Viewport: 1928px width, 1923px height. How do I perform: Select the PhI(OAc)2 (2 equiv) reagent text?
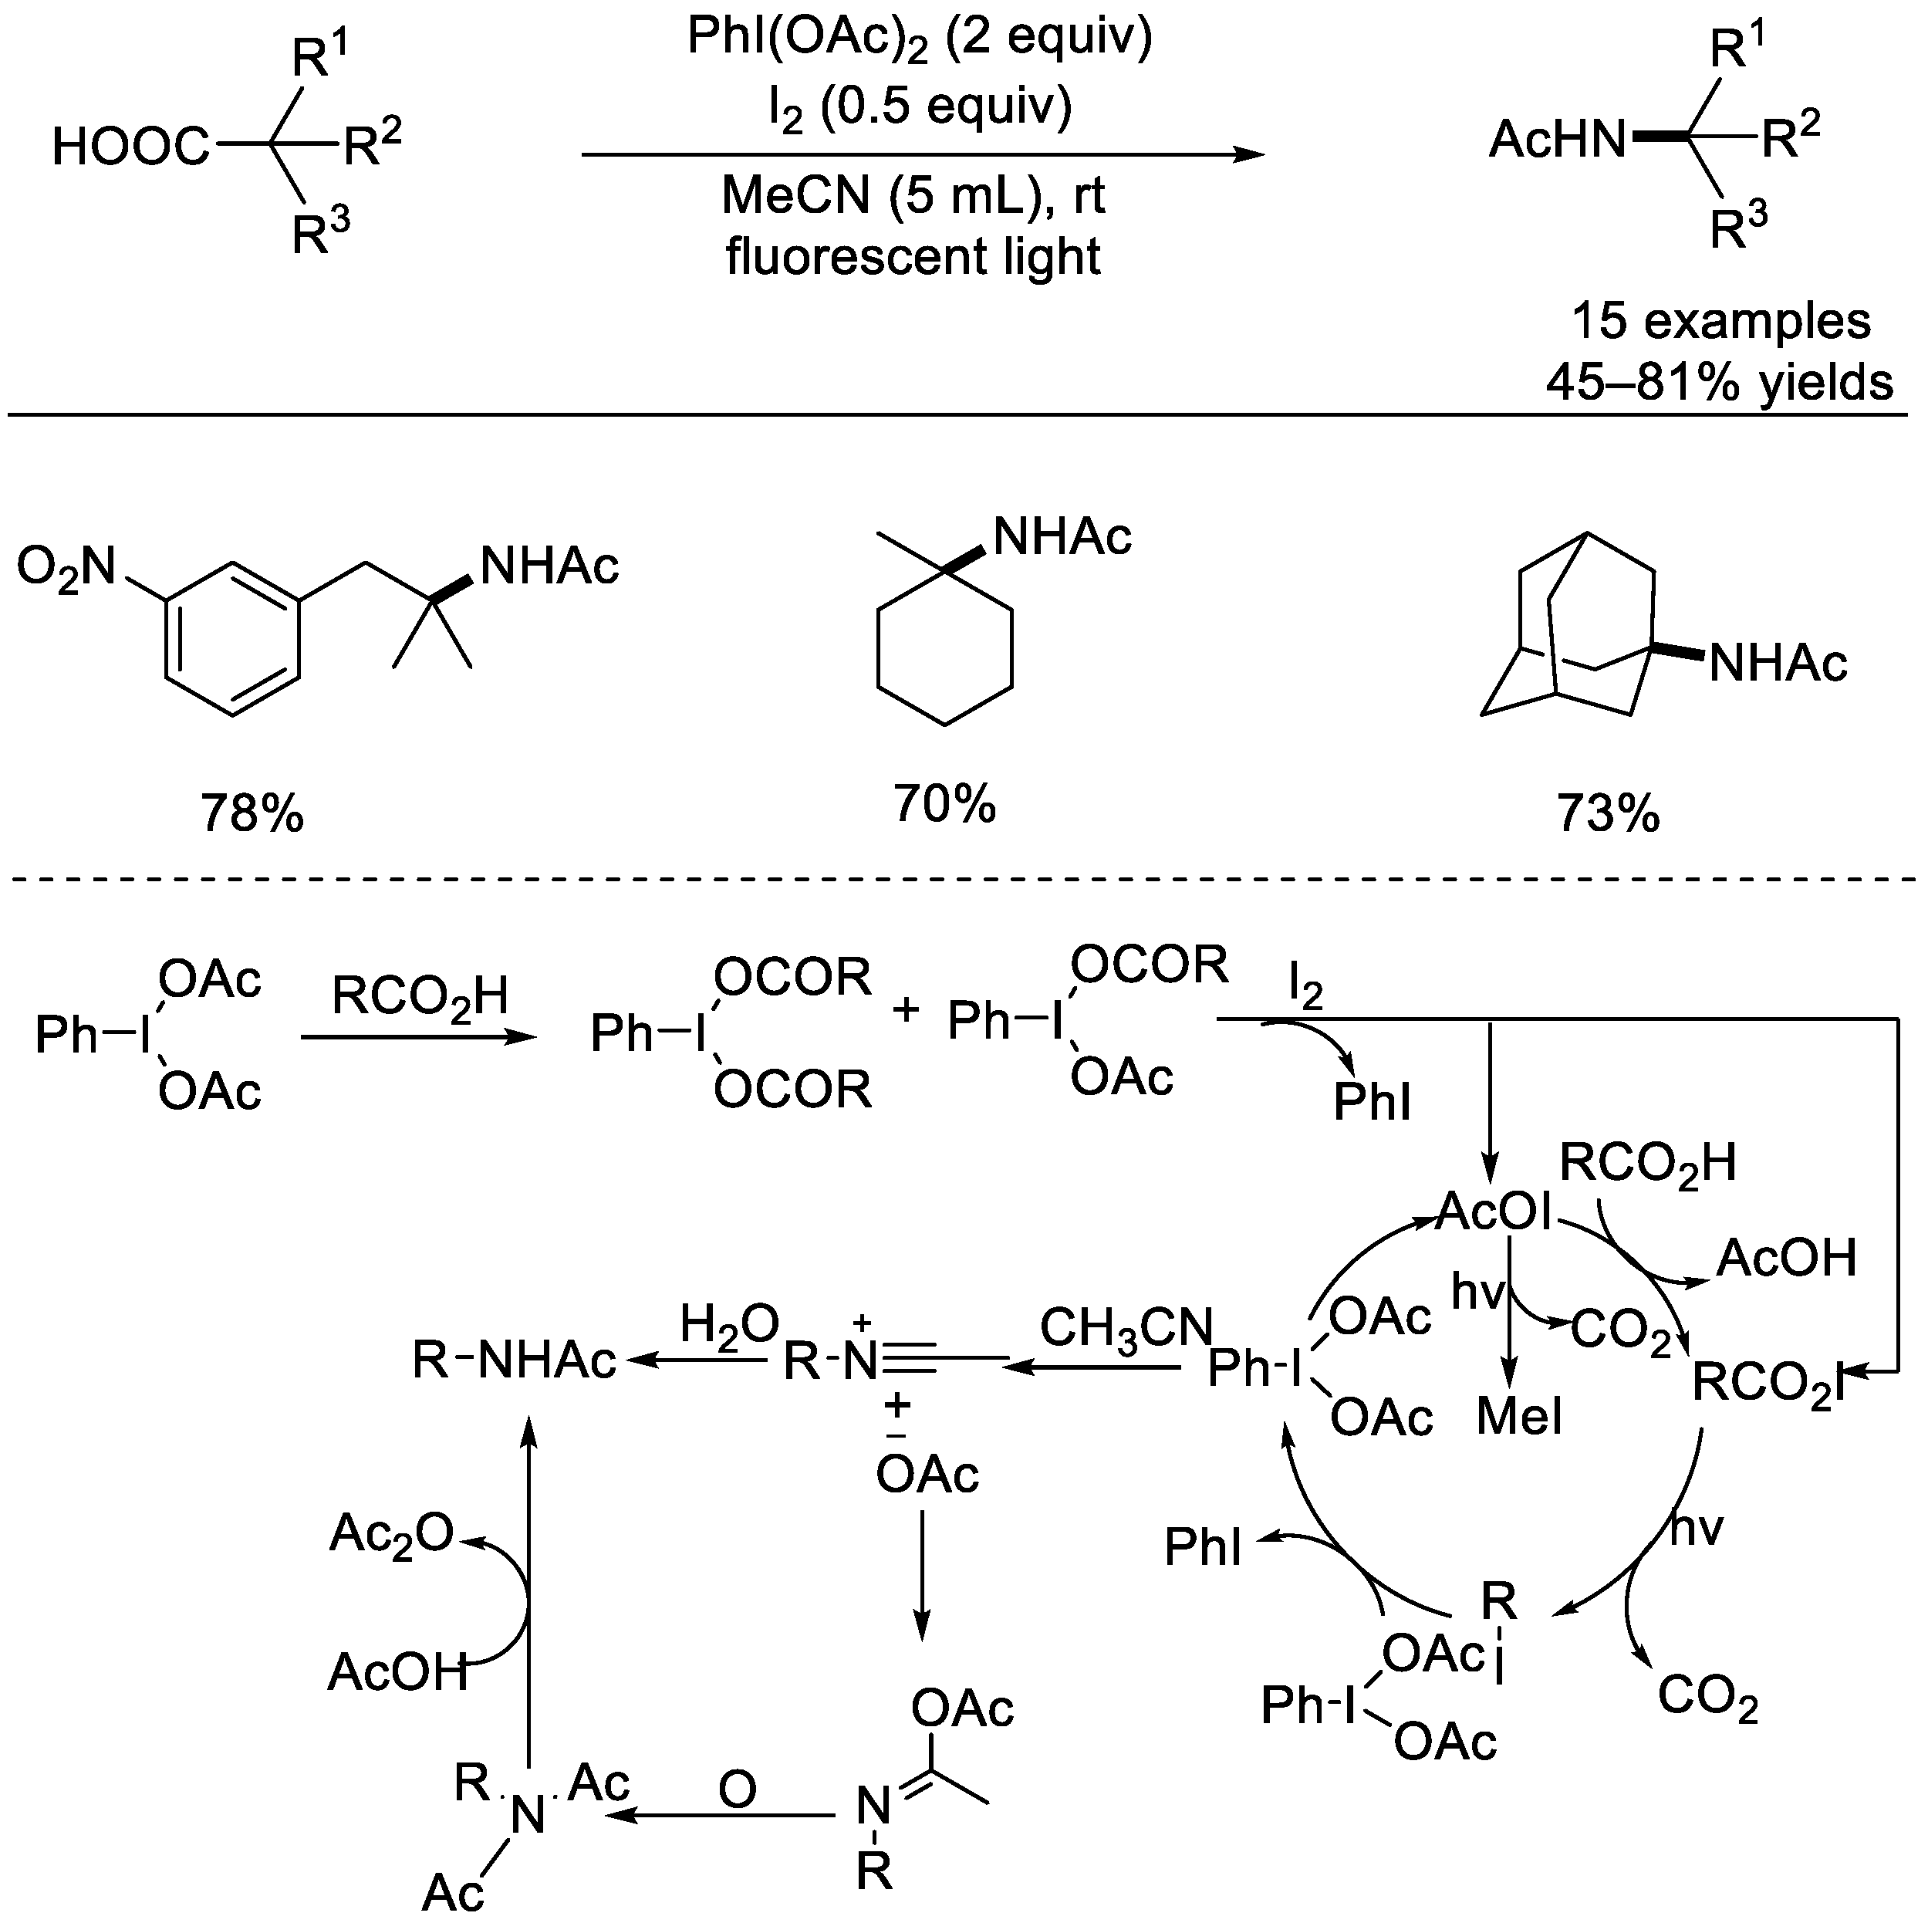coord(919,38)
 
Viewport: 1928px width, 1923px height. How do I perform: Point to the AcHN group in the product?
coord(1558,140)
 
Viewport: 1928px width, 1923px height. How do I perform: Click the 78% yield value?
coord(252,813)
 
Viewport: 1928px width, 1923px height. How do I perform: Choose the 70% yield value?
coord(944,803)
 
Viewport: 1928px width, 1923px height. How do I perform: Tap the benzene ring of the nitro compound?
coord(232,639)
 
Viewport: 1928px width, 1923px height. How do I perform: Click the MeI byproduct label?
coord(1519,1416)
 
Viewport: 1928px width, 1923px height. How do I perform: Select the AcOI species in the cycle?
coord(1494,1212)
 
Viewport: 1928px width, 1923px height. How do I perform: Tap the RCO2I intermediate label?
coord(1766,1382)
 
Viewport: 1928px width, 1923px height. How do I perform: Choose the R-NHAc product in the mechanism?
coord(515,1360)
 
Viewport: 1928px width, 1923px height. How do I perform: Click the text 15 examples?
coord(1720,321)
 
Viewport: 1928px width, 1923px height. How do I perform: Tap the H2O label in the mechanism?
coord(728,1325)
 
